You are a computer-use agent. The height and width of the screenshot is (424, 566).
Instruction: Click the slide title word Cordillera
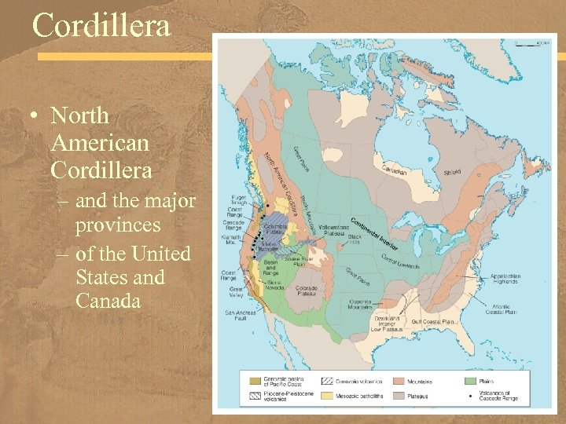tap(101, 26)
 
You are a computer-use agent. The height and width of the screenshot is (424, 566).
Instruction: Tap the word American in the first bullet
tap(100, 143)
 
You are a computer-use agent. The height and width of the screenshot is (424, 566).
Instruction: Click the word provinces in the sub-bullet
tap(118, 225)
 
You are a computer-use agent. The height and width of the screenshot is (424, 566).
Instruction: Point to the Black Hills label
tap(355, 239)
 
